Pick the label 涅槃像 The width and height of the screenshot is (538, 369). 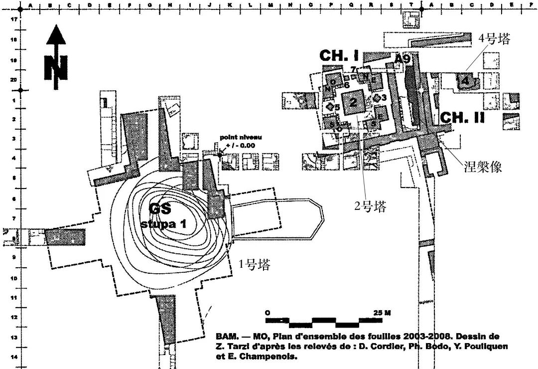click(482, 167)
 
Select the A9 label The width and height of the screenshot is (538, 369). click(402, 59)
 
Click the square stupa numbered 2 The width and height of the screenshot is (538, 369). click(353, 103)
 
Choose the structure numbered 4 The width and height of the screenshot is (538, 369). click(465, 80)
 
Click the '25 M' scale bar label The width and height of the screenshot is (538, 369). click(382, 312)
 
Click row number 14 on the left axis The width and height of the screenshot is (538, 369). click(15, 357)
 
